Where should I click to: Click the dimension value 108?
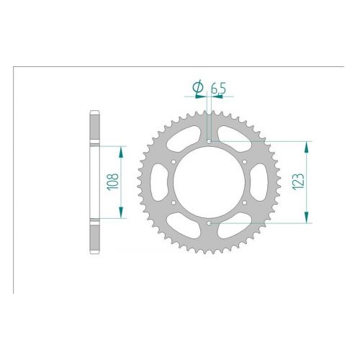pos(113,182)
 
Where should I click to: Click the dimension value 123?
pos(298,181)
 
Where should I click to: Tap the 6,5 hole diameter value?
pos(218,89)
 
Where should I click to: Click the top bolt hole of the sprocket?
pos(209,141)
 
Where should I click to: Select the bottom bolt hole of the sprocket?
pos(209,223)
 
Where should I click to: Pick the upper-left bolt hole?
pos(174,162)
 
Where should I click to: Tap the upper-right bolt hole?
pos(245,162)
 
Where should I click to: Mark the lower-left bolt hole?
pos(174,203)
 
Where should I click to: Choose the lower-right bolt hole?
pos(245,203)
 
